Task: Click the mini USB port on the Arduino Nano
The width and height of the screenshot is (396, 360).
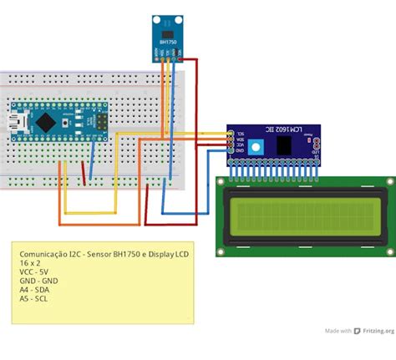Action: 18,123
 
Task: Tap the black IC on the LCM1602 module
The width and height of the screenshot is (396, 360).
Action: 286,145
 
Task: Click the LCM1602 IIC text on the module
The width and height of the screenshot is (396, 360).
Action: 272,131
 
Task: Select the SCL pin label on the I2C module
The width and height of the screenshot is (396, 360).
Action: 241,134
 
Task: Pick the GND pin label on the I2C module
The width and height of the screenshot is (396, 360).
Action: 241,153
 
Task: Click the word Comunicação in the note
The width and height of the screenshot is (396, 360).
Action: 43,251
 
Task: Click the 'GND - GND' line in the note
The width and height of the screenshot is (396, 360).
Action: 38,281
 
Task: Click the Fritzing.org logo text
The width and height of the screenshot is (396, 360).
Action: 373,331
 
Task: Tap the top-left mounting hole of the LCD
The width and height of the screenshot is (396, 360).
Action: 221,182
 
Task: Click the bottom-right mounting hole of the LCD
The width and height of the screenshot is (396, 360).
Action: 388,250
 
